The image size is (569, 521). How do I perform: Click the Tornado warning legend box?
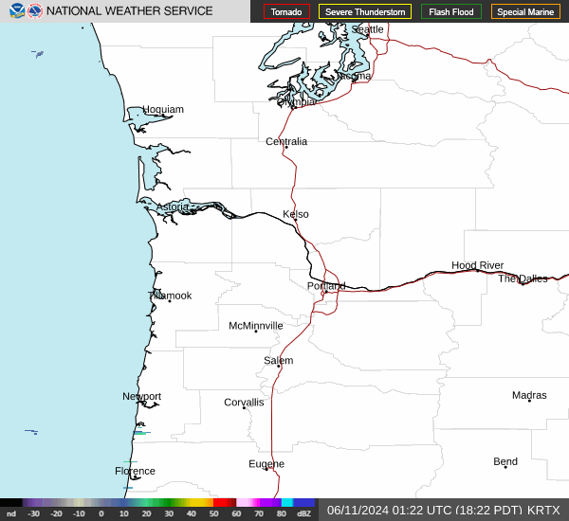286,12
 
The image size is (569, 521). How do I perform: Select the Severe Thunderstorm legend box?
364,12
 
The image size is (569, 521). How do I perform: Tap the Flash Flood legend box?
452,12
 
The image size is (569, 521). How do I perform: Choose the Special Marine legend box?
525,12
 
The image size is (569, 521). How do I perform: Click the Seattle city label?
368,29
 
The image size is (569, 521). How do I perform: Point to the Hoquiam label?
163,110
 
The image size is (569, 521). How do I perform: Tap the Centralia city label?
286,141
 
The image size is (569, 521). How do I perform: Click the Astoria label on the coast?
173,207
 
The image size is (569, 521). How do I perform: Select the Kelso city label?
296,214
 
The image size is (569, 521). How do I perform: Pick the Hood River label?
477,265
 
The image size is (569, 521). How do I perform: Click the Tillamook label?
171,296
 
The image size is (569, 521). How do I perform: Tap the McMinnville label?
256,326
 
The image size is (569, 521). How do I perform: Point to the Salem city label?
279,361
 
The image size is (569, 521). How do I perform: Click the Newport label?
142,397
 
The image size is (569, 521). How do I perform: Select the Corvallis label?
244,403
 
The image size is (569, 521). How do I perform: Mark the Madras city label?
529,395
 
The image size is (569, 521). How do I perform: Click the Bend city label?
505,461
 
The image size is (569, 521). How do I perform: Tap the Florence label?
135,471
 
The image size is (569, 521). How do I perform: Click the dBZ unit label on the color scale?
304,513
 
